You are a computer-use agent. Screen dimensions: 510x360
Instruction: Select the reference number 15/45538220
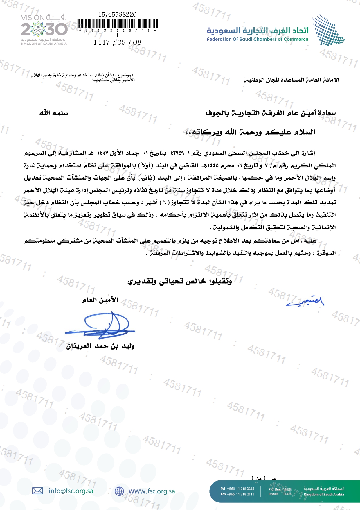[117, 14]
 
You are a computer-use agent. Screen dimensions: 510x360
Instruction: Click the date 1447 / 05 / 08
[117, 42]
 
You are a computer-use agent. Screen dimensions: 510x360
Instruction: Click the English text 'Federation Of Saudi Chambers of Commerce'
[257, 39]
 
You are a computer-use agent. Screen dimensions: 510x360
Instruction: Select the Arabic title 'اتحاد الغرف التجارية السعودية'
[258, 30]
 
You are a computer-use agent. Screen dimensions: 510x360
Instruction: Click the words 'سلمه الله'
[54, 113]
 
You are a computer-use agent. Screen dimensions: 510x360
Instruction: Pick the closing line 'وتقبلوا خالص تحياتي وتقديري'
[180, 281]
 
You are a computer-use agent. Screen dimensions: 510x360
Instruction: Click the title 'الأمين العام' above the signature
[100, 300]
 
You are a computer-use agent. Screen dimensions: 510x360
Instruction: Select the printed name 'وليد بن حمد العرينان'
[100, 346]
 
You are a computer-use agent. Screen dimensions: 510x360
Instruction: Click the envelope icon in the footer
[37, 491]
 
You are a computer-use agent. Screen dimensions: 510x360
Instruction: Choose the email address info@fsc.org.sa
[71, 491]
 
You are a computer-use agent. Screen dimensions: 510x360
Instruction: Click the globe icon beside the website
[119, 491]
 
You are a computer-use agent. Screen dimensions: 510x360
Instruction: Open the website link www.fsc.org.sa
[152, 491]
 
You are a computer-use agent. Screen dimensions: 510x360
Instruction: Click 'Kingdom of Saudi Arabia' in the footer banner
[324, 494]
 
